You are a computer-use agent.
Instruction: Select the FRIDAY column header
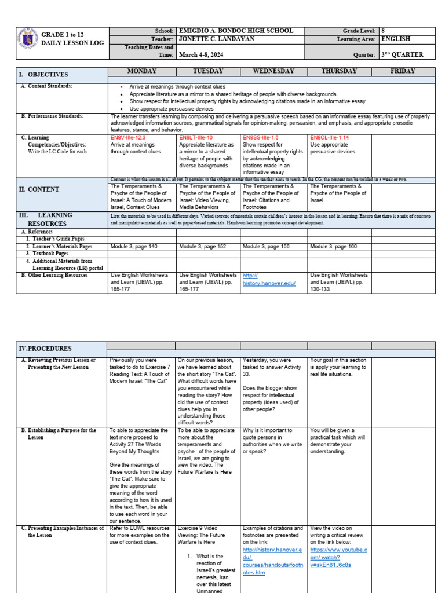[x=403, y=71]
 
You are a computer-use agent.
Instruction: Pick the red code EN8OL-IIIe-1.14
[x=330, y=138]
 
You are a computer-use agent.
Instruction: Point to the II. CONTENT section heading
[x=41, y=189]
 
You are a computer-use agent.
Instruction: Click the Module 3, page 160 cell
[x=334, y=246]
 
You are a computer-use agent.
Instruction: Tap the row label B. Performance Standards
[x=52, y=116]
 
